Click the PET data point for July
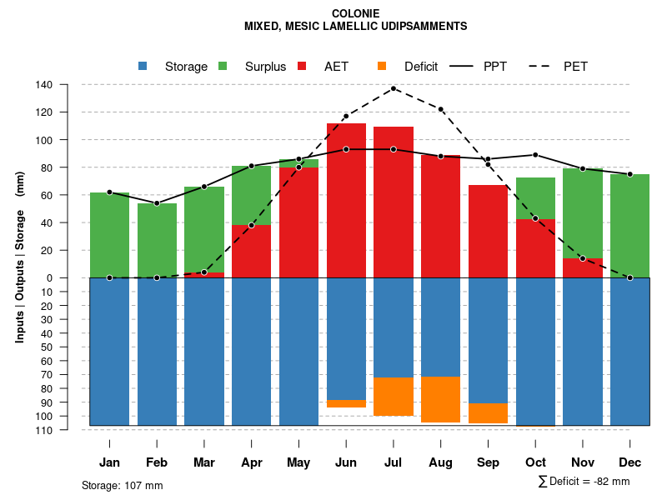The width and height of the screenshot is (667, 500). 394,88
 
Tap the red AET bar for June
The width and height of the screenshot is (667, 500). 346,200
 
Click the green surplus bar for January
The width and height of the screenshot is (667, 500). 109,235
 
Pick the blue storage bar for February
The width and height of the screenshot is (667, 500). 157,351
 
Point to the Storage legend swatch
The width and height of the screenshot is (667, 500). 143,67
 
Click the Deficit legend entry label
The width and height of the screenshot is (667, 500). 421,67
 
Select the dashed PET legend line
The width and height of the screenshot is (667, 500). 544,67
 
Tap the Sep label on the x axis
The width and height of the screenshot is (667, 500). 488,462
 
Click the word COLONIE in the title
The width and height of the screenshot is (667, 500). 355,13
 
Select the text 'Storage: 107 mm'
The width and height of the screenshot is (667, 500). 123,485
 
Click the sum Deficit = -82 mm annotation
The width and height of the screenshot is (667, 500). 584,481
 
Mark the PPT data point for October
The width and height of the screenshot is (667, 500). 535,155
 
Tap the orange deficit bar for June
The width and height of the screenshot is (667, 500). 346,403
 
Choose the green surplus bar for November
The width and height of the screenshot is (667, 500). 583,213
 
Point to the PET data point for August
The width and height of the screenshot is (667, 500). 441,109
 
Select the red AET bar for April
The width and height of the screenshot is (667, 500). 252,251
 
